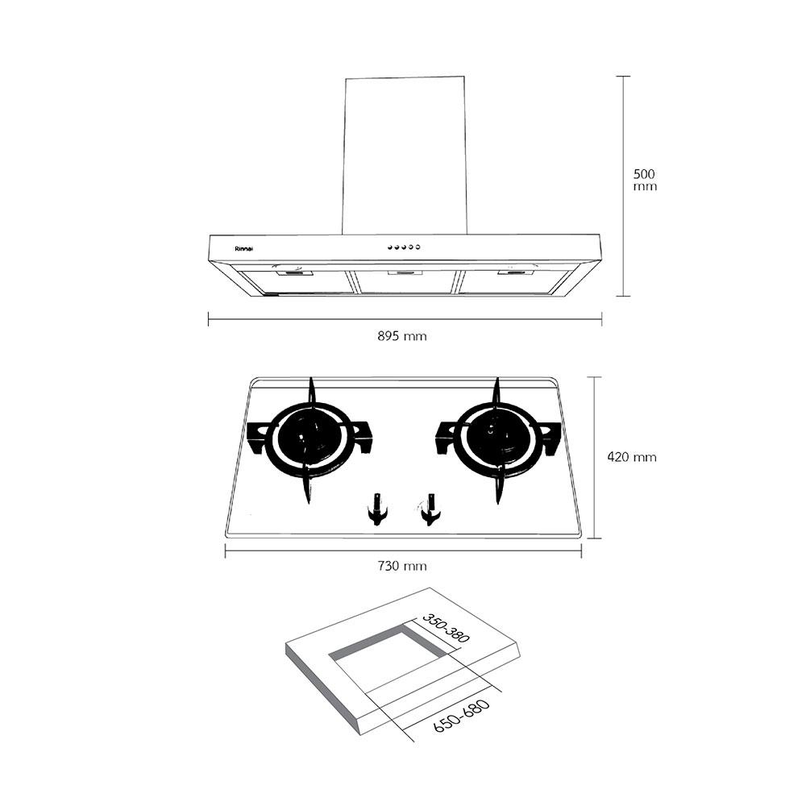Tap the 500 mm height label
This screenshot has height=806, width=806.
pos(645,180)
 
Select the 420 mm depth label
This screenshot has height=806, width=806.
pos(631,457)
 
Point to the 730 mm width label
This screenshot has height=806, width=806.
pos(402,566)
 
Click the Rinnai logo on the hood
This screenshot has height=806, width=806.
pos(243,248)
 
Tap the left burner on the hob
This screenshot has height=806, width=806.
pos(309,439)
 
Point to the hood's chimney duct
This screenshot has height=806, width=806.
pos(405,153)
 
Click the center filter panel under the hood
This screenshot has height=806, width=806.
pos(405,280)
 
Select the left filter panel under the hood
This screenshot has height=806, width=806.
pos(298,280)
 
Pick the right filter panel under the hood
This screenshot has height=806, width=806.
pos(512,280)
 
